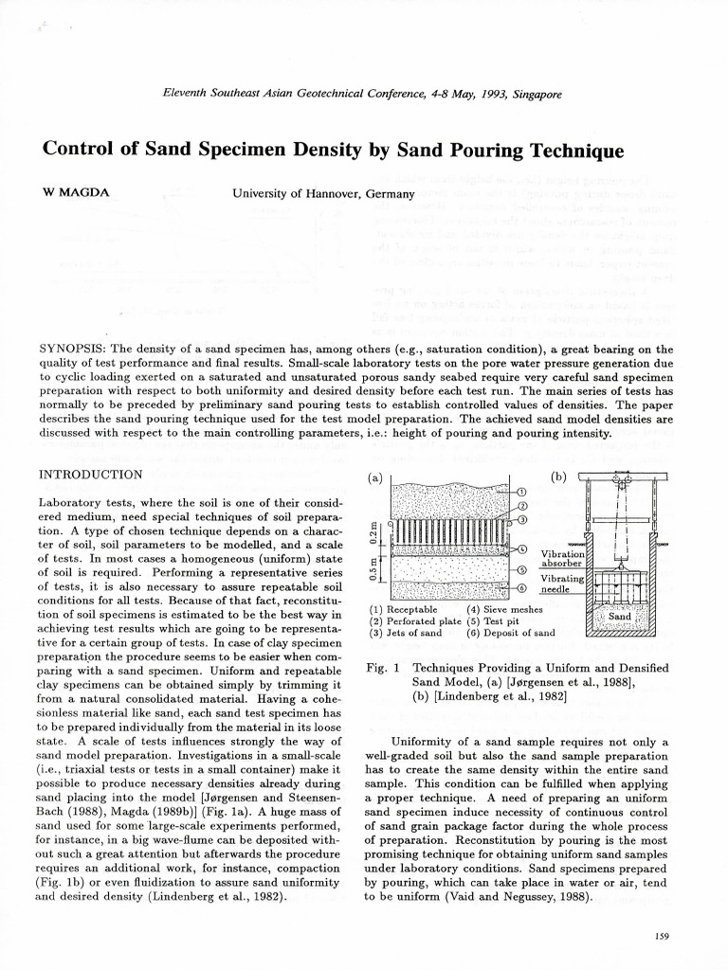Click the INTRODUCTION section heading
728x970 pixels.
coord(90,474)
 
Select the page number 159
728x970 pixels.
coord(662,936)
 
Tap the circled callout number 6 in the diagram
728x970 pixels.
coord(522,588)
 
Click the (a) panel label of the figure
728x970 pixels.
coord(375,477)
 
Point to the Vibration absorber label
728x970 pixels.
coord(563,559)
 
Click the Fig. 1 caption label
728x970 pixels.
coord(380,668)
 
